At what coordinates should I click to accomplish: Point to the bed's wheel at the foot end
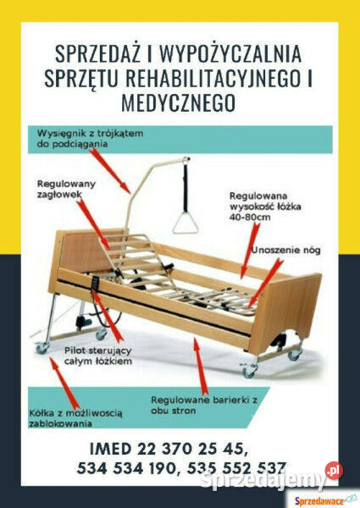click(249, 370)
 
